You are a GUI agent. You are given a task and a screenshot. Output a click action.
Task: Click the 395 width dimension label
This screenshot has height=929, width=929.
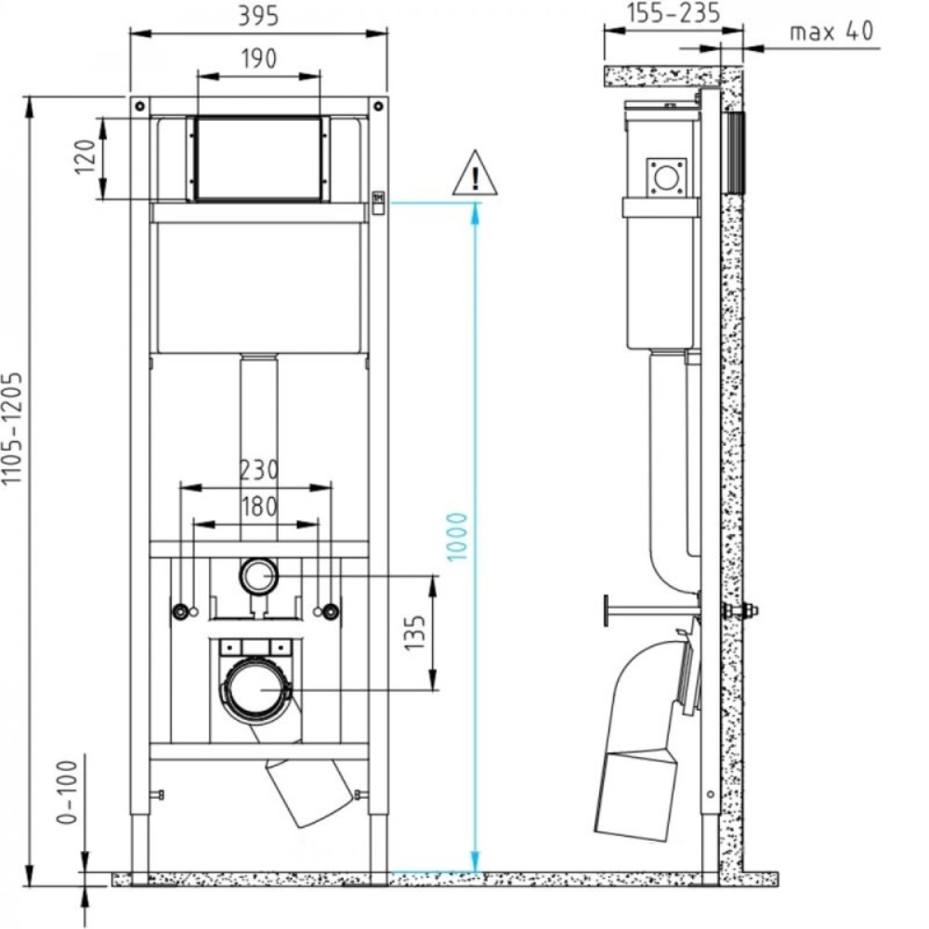[x=258, y=16]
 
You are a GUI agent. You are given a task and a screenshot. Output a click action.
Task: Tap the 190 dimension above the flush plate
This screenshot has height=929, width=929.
[x=258, y=59]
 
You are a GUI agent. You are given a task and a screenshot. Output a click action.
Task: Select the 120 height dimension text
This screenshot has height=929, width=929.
[x=85, y=158]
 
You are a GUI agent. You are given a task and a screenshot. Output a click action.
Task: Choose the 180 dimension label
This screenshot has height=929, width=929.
[x=256, y=507]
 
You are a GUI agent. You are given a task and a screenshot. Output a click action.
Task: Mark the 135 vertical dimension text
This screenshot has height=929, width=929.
[x=418, y=634]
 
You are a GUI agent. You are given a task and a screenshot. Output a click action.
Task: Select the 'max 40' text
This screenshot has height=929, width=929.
[x=831, y=32]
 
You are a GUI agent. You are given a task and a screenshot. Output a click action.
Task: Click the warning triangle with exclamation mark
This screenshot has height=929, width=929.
[x=475, y=174]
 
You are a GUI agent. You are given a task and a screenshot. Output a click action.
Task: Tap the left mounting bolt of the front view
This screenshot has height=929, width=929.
[x=180, y=612]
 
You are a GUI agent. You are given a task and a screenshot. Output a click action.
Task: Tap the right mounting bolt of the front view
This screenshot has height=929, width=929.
[x=329, y=612]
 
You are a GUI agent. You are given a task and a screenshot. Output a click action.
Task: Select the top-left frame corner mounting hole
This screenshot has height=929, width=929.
[x=137, y=106]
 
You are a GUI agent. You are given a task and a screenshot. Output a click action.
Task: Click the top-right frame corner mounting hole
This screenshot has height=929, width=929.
[x=378, y=106]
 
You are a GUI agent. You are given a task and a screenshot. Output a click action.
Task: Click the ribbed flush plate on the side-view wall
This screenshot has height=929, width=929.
[x=735, y=152]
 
